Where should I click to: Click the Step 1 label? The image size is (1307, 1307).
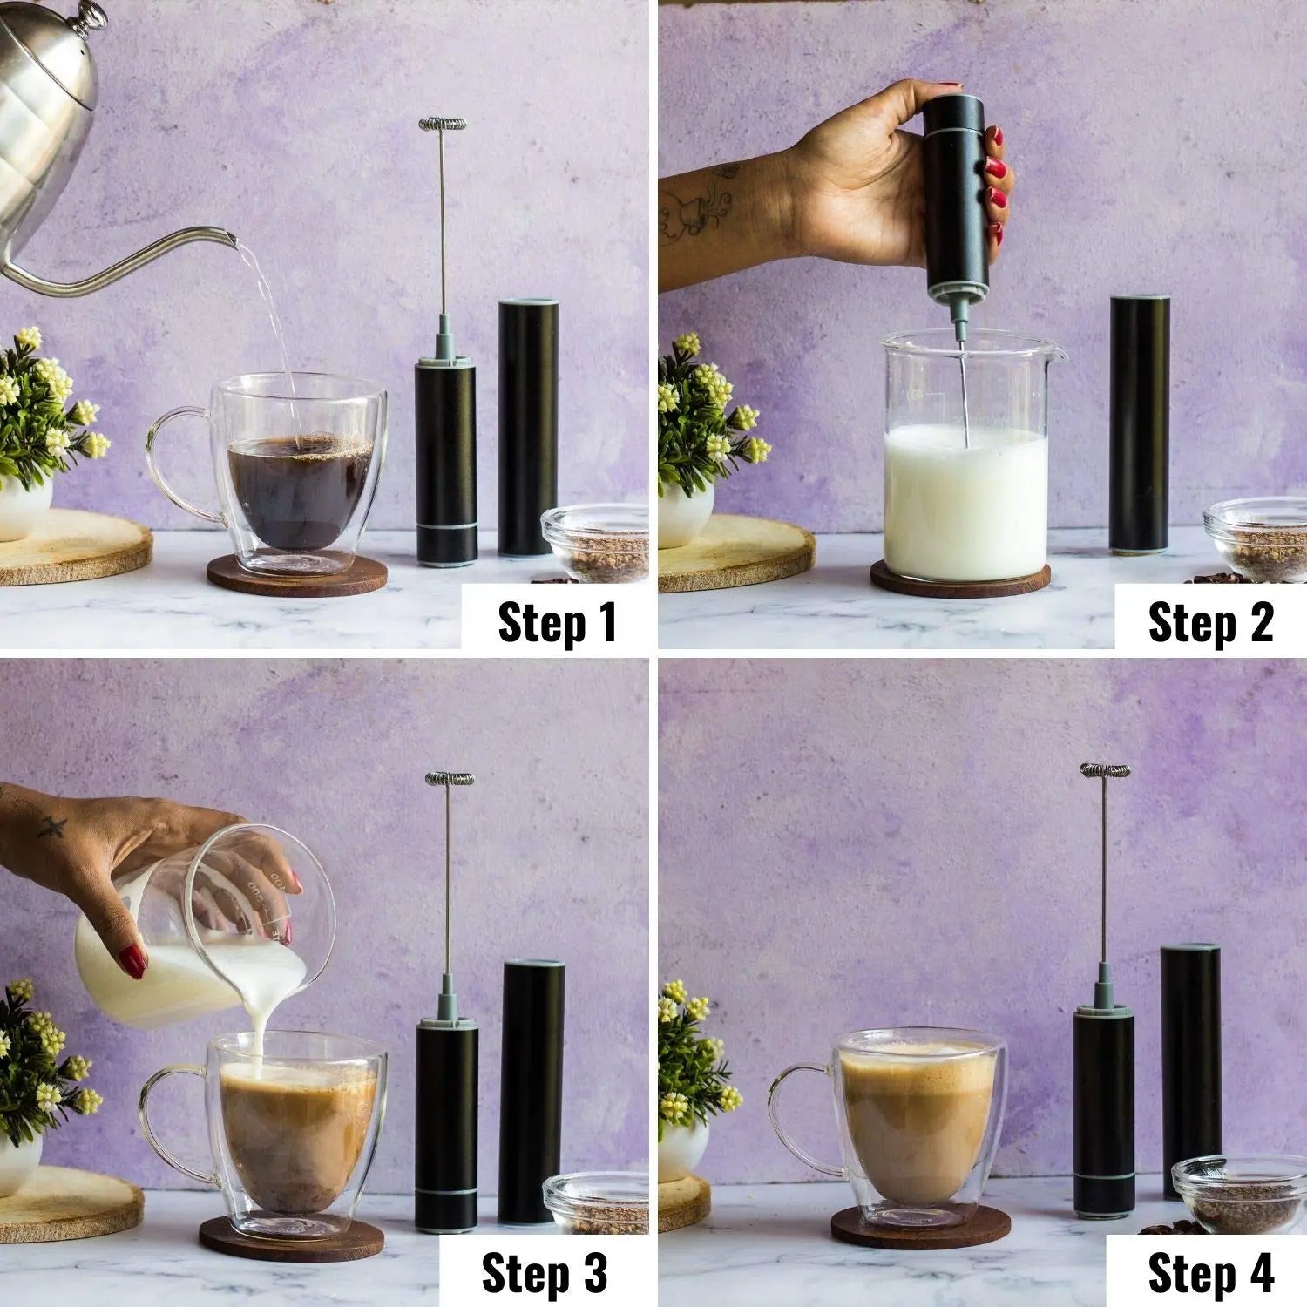click(x=556, y=621)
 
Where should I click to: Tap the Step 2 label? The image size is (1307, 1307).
click(x=1210, y=621)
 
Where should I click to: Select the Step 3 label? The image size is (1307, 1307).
click(x=544, y=1273)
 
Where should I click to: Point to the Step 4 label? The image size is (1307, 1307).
click(x=1210, y=1273)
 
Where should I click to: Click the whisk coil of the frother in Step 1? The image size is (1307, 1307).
click(x=442, y=125)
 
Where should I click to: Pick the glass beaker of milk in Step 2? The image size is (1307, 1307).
click(x=965, y=471)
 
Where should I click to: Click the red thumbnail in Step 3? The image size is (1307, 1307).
click(x=132, y=961)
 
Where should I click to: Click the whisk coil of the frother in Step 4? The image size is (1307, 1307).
click(x=1104, y=770)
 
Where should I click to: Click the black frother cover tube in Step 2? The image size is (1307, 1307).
click(x=1140, y=423)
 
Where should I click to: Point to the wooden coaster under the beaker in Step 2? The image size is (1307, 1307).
click(x=960, y=582)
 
